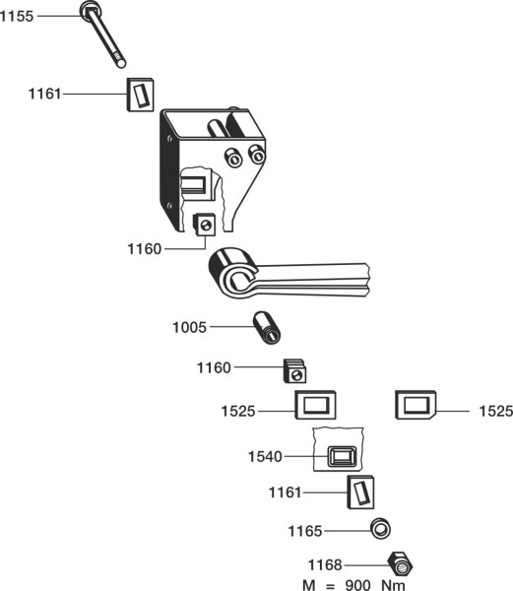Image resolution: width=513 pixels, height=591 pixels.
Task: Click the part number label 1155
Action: [17, 16]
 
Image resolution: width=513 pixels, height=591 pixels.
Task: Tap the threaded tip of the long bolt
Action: [120, 62]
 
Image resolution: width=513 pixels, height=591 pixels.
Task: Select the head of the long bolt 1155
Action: [91, 10]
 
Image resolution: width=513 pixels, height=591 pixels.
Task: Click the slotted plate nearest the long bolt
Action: [140, 95]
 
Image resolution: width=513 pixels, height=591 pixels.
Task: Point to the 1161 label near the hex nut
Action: [285, 492]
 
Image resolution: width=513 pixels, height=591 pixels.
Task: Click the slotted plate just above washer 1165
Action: [360, 492]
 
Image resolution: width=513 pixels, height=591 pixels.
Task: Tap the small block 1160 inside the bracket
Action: [204, 225]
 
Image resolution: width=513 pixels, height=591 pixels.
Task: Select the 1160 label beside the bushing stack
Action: [214, 367]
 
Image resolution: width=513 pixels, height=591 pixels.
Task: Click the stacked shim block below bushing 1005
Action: [294, 371]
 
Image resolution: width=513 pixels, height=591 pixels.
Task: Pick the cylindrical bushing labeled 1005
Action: [267, 328]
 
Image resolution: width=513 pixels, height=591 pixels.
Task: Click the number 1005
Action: [189, 327]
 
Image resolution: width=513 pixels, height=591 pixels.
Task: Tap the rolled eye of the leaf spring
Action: [234, 273]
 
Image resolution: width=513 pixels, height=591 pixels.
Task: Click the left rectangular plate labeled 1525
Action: [315, 405]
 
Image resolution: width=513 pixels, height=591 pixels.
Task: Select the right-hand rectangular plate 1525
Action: [416, 405]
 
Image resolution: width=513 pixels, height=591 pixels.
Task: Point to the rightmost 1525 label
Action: [495, 411]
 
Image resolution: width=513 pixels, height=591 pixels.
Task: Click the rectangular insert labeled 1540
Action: [342, 456]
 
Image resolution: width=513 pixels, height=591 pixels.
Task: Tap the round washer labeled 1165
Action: [380, 529]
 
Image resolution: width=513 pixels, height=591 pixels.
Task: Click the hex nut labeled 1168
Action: [401, 563]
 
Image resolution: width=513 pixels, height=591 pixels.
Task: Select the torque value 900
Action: [357, 585]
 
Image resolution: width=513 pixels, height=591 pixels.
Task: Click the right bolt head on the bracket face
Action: [257, 155]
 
